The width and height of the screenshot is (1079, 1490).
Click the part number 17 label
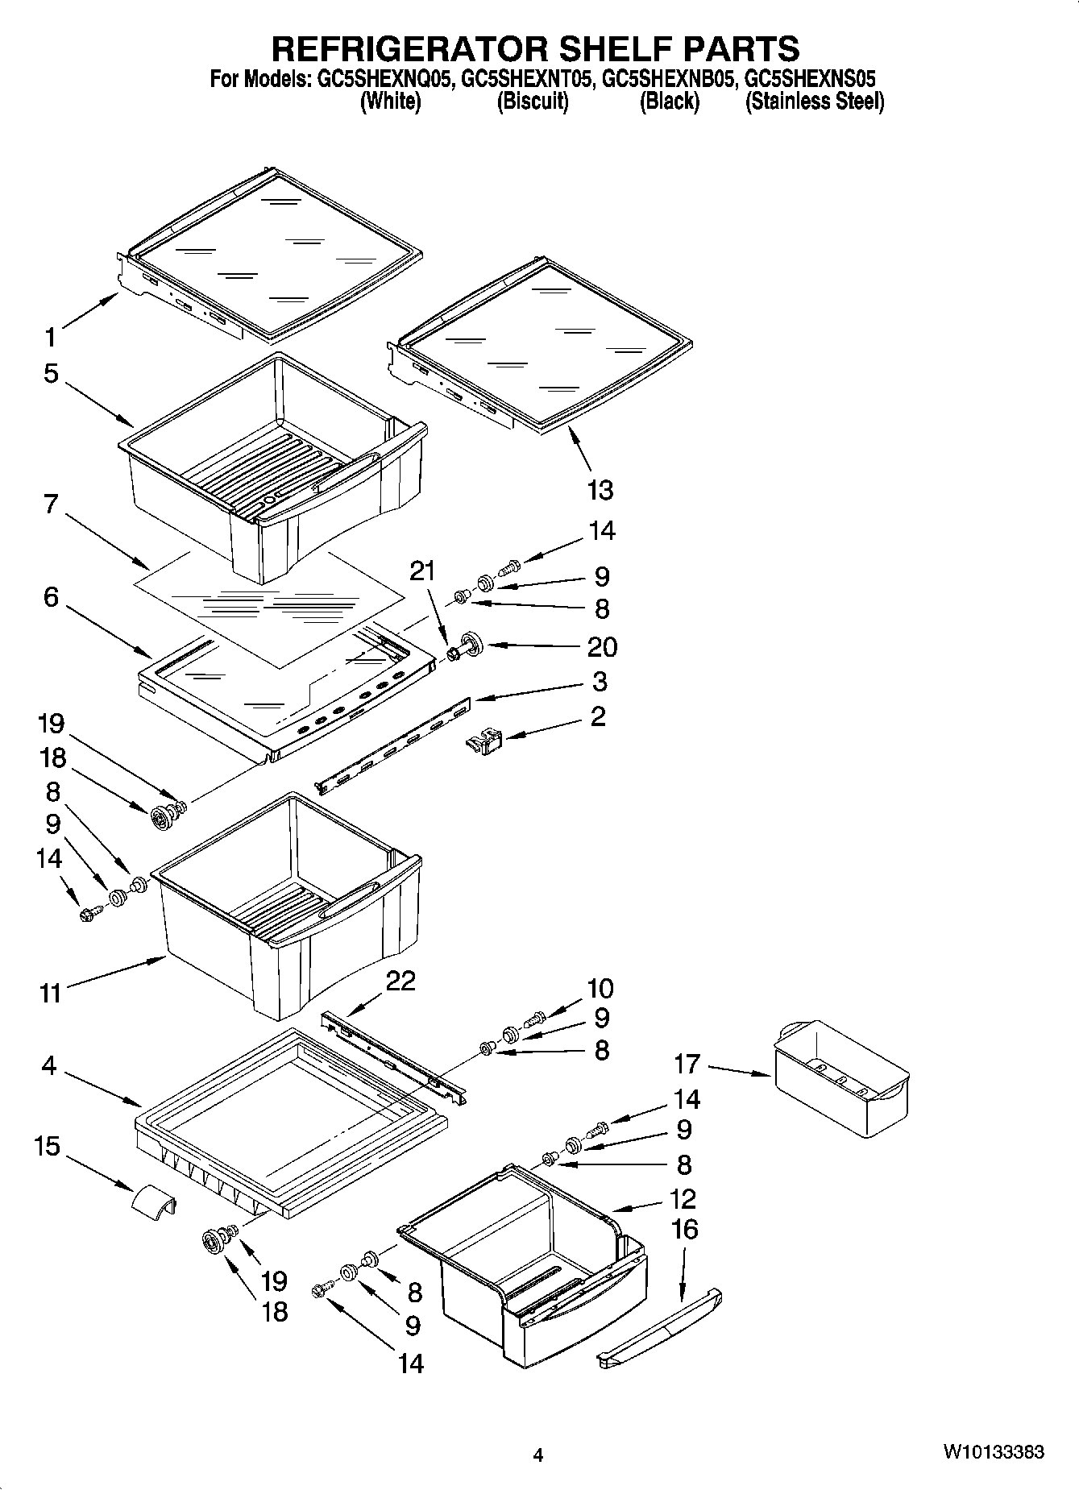(x=687, y=1065)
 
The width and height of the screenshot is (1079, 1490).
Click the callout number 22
(x=400, y=981)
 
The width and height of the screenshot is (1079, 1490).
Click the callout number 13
(x=600, y=489)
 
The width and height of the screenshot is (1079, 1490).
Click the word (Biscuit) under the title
(x=533, y=102)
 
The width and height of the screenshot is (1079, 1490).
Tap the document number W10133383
(x=994, y=1453)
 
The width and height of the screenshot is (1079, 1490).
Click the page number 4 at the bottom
(x=538, y=1455)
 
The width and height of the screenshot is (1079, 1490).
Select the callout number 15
(x=48, y=1145)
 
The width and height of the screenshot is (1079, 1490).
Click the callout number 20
(x=601, y=646)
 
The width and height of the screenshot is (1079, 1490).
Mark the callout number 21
(x=422, y=571)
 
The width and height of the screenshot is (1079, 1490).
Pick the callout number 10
(x=600, y=988)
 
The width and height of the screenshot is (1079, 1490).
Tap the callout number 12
(x=683, y=1198)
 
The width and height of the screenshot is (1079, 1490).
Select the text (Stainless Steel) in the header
(x=814, y=102)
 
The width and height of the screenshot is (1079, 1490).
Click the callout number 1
(x=51, y=336)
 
